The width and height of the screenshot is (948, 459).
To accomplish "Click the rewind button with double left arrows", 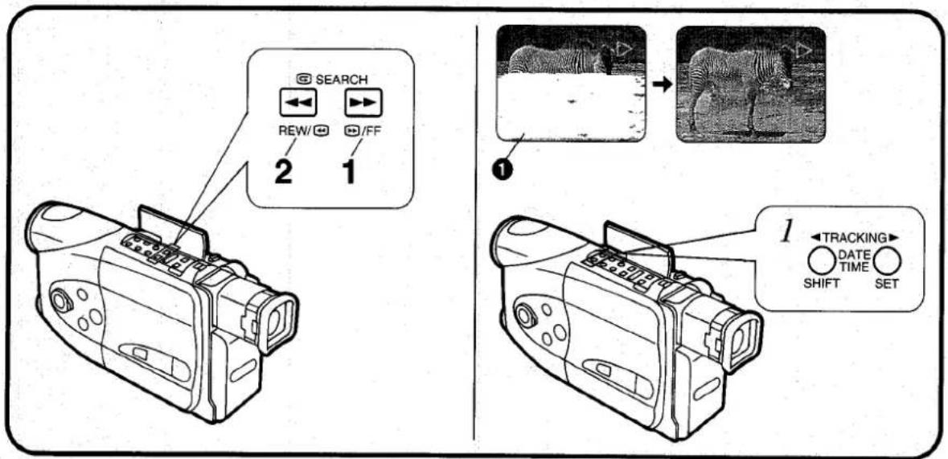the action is [x=295, y=104].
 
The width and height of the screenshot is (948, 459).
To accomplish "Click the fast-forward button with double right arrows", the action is [x=363, y=104].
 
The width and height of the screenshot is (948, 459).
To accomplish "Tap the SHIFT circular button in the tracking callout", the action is [x=821, y=261].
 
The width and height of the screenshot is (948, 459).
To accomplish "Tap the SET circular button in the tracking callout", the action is [x=887, y=261].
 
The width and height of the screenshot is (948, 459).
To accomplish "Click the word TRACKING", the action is [x=854, y=238].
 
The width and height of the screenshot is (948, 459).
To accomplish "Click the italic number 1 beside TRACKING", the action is [x=786, y=233].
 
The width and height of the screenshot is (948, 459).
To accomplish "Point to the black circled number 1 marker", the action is [x=503, y=170].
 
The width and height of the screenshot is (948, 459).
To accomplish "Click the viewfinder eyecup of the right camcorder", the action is [x=743, y=341].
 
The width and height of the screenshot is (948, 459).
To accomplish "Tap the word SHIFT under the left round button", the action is [x=821, y=283].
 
